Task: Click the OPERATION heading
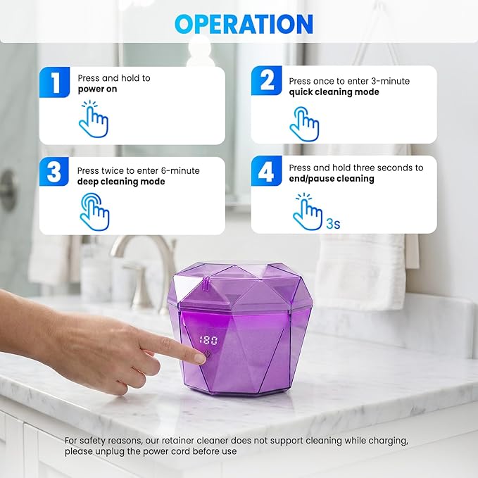(244, 23)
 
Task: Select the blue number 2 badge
(267, 81)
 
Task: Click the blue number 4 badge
(267, 172)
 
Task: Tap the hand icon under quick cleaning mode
(304, 124)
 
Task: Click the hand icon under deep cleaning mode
(94, 211)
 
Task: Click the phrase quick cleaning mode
(334, 92)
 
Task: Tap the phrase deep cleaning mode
(121, 182)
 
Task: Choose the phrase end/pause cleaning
(332, 179)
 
